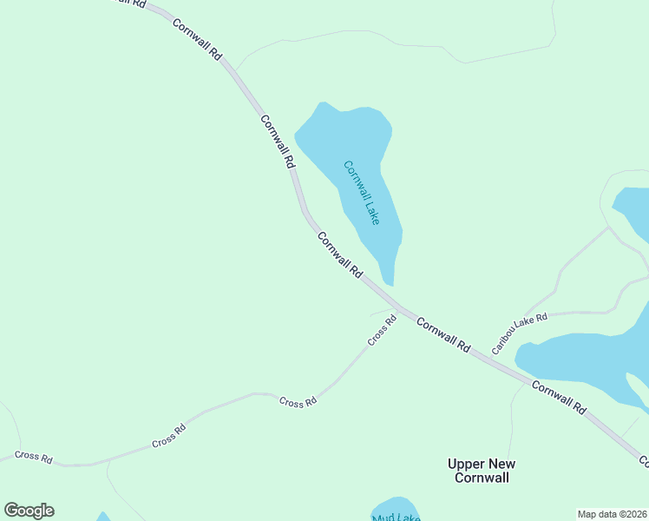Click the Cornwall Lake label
coord(362,192)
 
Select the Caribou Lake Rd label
coord(520,333)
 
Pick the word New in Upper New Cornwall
coord(507,464)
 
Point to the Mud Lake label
coord(396,518)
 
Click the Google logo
coord(29,511)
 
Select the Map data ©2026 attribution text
coord(611,514)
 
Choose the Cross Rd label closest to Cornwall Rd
coord(382,330)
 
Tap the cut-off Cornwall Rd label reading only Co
coord(644,460)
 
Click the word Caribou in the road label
coord(503,341)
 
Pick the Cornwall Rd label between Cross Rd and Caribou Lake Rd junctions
coord(442,334)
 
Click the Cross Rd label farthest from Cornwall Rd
coord(34,457)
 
